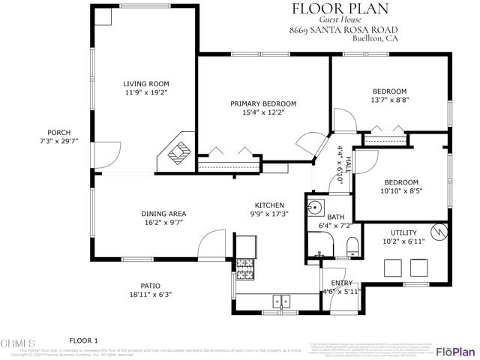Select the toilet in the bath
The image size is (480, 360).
click(x=352, y=244)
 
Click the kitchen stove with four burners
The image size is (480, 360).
click(x=246, y=265)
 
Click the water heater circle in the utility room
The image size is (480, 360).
click(x=439, y=231)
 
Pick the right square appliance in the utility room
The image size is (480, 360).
click(x=418, y=268)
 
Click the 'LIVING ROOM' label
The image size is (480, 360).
click(x=146, y=84)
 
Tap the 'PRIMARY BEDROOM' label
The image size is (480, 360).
click(x=263, y=103)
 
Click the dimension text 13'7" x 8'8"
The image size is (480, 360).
click(x=390, y=100)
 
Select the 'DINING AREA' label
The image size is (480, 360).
click(x=163, y=214)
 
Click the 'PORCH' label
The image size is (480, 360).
click(x=58, y=132)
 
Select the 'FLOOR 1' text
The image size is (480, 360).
click(x=84, y=340)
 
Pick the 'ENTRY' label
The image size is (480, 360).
click(x=342, y=283)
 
